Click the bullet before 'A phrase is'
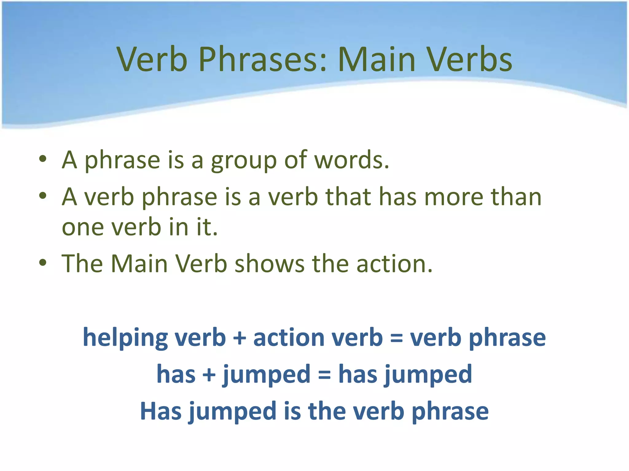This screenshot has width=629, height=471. pyautogui.click(x=43, y=159)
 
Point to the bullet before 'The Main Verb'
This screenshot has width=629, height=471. pyautogui.click(x=43, y=263)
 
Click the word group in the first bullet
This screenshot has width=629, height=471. pyautogui.click(x=244, y=160)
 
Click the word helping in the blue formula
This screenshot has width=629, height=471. pyautogui.click(x=125, y=338)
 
